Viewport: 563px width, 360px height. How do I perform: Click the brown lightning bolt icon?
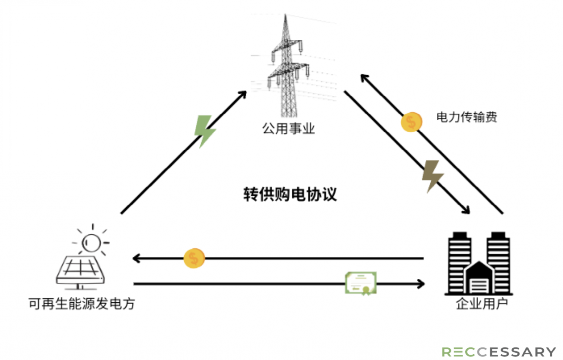tap(432, 176)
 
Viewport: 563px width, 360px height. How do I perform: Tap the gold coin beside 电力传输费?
tap(411, 122)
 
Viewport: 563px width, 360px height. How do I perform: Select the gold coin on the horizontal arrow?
tap(194, 258)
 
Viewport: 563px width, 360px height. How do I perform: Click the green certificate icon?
tap(361, 283)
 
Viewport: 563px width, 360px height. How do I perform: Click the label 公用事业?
tap(289, 129)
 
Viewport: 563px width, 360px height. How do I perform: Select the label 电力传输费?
tap(467, 117)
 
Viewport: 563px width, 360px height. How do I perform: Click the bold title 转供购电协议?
tap(290, 194)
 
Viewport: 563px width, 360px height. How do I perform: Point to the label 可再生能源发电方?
tap(82, 304)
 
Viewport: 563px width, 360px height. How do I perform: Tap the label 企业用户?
tap(482, 304)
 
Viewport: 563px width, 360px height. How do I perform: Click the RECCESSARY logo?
tap(499, 352)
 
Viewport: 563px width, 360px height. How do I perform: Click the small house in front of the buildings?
tap(479, 277)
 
